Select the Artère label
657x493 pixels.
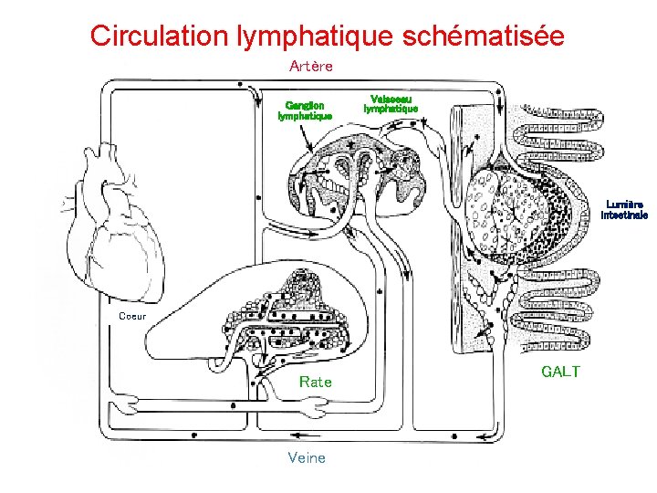[x=311, y=66]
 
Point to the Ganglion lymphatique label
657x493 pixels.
[x=305, y=110]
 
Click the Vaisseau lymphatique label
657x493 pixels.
[x=391, y=103]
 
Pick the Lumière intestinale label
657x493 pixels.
[x=624, y=210]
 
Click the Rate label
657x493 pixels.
[x=316, y=382]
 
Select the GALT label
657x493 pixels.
[x=560, y=372]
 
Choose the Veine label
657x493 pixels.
[x=306, y=457]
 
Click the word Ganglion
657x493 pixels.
[x=305, y=105]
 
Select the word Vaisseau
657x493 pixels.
[x=391, y=99]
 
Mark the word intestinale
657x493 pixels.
[x=624, y=215]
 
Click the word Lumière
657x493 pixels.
[x=624, y=205]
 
